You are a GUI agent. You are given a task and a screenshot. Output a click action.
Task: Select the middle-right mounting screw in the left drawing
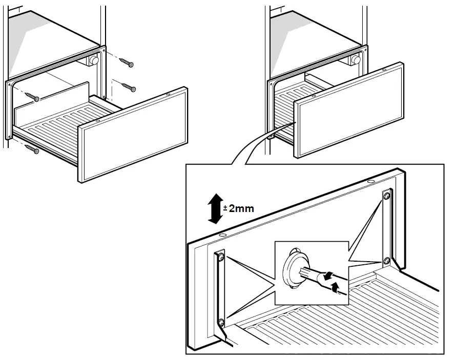point(129,88)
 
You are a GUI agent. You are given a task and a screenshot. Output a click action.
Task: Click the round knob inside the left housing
point(93,60)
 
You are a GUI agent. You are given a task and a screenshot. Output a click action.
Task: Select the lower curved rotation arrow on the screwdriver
point(336,290)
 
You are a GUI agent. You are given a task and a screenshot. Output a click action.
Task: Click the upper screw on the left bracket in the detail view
point(221,256)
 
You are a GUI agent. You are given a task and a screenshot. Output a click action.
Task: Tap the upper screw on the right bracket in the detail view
point(387,195)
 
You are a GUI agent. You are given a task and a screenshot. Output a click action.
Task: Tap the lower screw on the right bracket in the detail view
point(387,260)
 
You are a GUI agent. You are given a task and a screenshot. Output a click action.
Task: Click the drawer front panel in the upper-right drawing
point(348,110)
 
